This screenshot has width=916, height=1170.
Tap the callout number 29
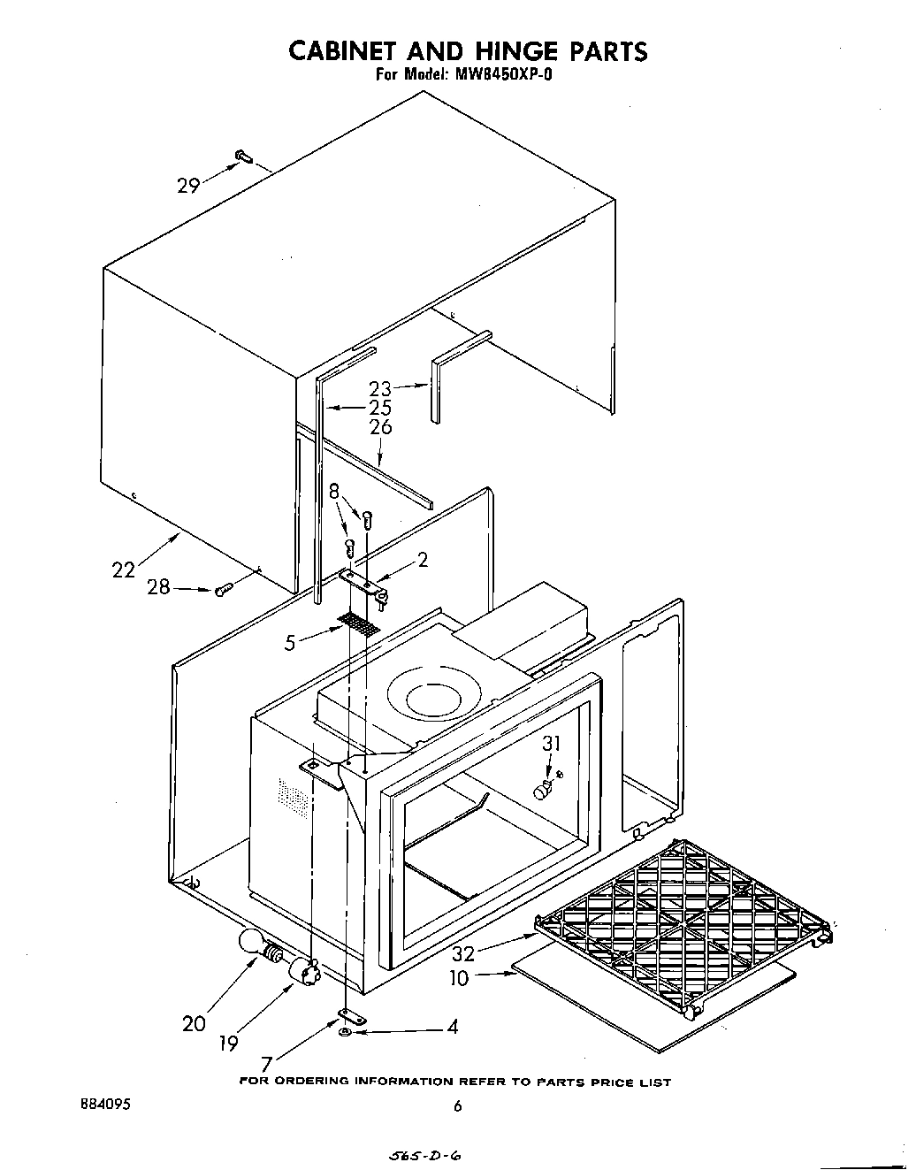click(188, 185)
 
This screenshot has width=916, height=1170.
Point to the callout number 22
click(124, 570)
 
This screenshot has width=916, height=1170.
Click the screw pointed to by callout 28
click(223, 588)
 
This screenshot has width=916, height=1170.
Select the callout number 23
click(380, 388)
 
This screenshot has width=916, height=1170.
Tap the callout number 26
click(380, 427)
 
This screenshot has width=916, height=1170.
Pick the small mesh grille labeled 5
click(359, 623)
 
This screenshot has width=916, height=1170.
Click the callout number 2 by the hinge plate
click(423, 559)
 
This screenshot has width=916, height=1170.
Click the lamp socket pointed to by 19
click(303, 972)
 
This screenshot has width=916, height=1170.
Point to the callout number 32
click(463, 954)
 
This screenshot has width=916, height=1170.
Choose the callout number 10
click(460, 979)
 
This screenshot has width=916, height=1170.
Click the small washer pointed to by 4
click(346, 1032)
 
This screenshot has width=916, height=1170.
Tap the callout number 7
click(265, 1067)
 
